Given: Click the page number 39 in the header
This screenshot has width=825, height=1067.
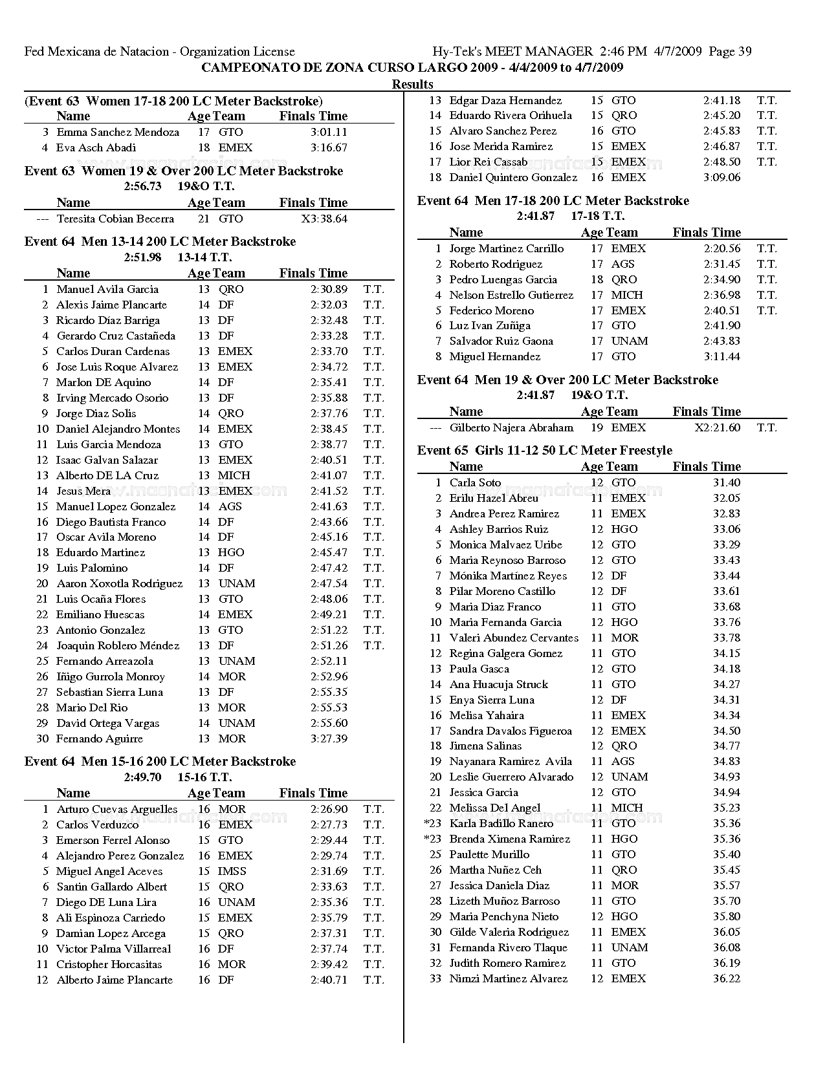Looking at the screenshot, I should click(743, 52).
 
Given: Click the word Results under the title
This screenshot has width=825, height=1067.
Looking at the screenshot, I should click(412, 84).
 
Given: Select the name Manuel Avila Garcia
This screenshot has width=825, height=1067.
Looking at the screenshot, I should click(107, 290).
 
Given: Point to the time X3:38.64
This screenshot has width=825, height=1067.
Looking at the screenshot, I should click(324, 219).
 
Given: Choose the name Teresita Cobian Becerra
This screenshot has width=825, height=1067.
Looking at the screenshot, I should click(115, 219).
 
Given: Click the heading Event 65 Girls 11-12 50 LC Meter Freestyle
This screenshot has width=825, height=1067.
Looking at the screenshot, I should click(544, 451).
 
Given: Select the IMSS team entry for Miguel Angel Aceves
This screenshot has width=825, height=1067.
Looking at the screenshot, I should click(232, 872).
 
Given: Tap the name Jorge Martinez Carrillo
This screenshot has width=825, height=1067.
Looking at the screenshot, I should click(507, 249).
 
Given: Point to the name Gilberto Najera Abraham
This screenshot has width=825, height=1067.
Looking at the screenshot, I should click(511, 428).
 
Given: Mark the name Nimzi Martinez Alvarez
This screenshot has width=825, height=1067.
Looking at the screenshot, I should click(509, 979).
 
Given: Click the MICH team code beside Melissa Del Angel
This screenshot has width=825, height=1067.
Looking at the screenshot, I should click(627, 808).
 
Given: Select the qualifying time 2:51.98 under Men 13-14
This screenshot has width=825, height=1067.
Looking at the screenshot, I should click(142, 257).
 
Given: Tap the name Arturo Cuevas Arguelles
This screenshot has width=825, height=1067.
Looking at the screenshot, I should click(117, 810).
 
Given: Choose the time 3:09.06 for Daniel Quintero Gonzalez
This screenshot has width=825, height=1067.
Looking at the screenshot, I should click(722, 178).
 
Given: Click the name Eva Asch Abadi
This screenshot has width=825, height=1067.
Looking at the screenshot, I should click(96, 148).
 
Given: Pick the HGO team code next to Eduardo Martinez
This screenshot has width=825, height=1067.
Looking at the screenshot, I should click(231, 553).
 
